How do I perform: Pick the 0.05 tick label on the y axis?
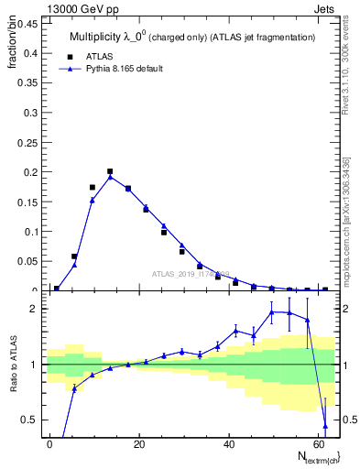26,261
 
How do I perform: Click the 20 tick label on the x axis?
138,443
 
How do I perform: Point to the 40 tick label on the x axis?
227,443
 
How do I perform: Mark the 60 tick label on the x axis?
316,443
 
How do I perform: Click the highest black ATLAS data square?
110,171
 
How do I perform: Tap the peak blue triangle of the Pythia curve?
110,177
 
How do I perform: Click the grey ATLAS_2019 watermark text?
191,273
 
